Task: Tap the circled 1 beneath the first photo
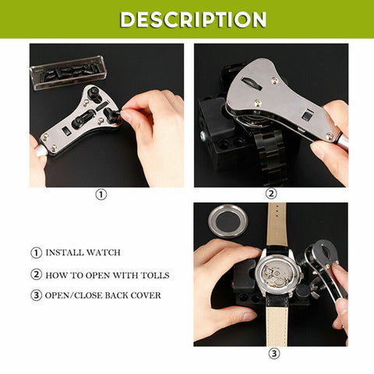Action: point(101,195)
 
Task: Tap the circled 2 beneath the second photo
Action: point(271,195)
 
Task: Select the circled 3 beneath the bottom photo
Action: point(273,353)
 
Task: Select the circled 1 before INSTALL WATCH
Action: point(36,253)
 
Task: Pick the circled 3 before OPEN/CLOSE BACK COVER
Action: point(36,296)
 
